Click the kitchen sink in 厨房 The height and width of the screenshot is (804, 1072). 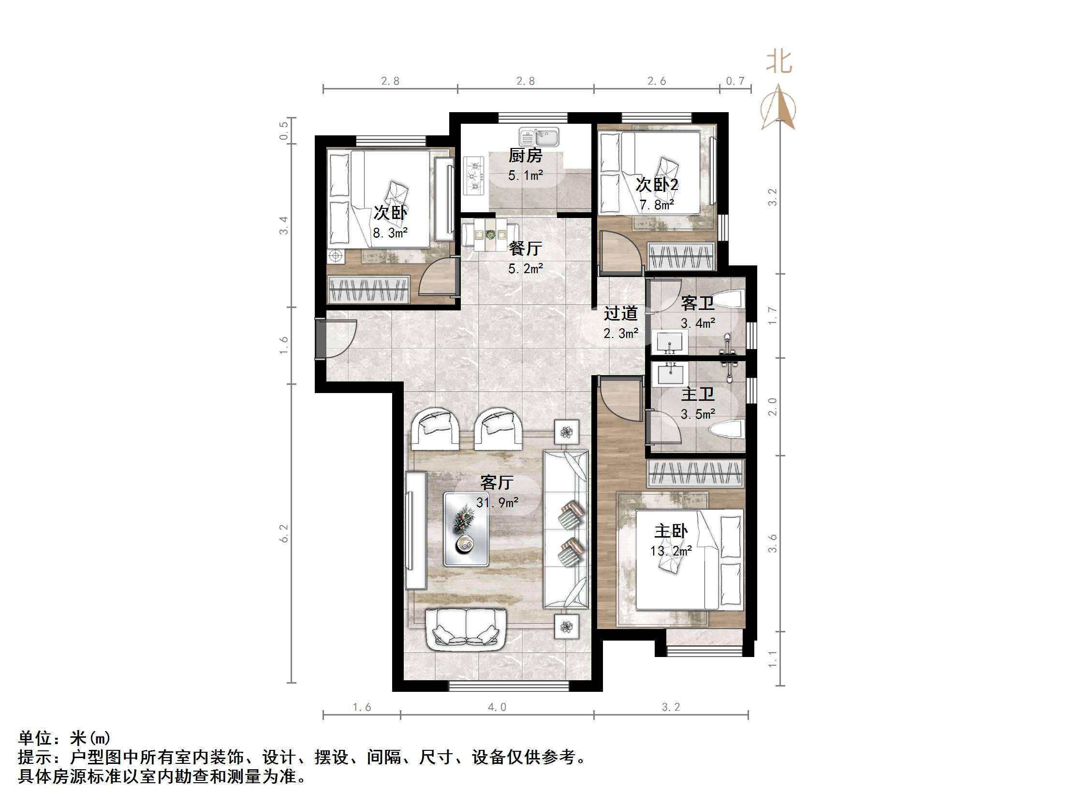[539, 137]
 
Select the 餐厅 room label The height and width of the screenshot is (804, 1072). [525, 249]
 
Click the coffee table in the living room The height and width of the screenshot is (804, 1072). [466, 529]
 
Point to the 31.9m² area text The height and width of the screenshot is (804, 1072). [497, 503]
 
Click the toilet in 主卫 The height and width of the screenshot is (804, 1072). [726, 430]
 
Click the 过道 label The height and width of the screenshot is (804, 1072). [620, 314]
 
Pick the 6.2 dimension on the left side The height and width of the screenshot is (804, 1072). [284, 533]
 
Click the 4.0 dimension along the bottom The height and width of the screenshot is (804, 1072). [497, 707]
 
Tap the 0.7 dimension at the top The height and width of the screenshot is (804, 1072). [734, 81]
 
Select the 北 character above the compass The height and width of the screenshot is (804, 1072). [779, 62]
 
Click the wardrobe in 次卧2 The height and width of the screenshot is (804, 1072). [681, 257]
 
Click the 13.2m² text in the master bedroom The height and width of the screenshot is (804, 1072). [671, 551]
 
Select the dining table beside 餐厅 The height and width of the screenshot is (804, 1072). [489, 234]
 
